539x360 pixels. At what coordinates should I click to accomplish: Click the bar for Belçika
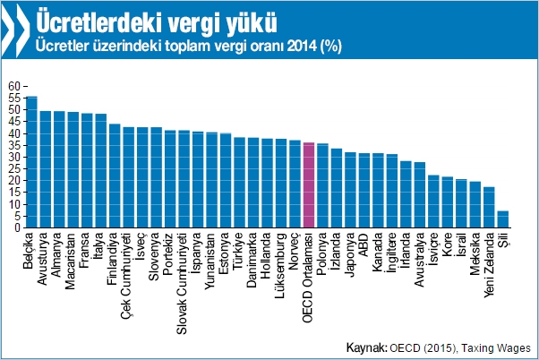pos(32,162)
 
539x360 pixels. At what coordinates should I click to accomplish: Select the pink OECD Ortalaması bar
pos(309,184)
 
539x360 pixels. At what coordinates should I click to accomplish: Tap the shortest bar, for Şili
pos(503,219)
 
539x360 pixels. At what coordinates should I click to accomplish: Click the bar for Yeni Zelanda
pos(489,207)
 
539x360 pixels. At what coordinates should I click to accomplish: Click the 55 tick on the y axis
pos(13,98)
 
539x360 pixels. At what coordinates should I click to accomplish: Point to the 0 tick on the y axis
pos(16,227)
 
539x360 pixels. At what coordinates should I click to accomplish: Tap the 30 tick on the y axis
pos(13,157)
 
